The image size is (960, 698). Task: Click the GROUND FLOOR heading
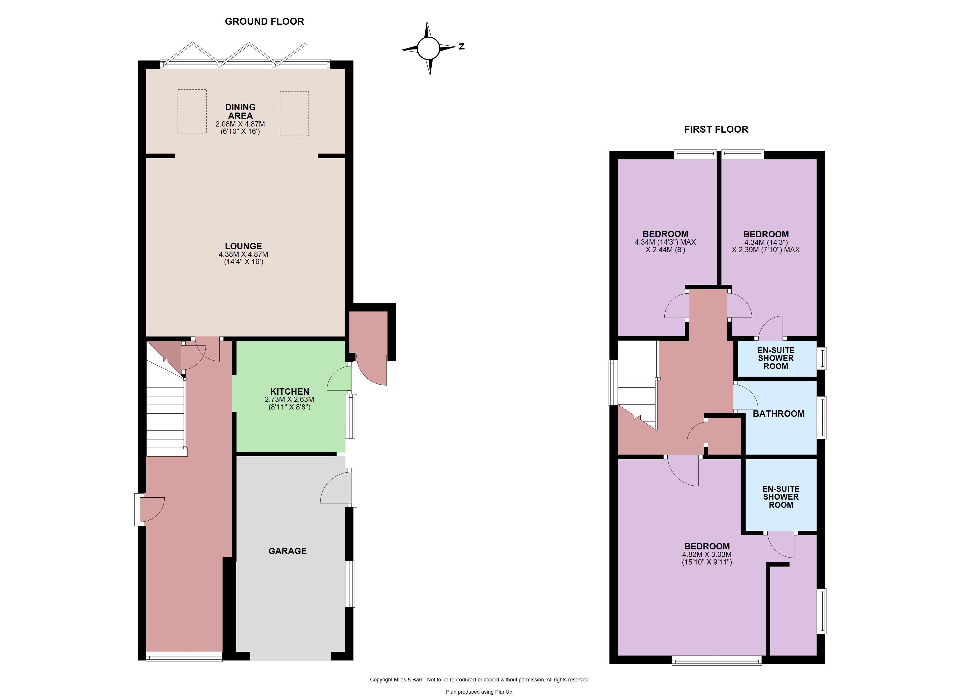tap(264, 22)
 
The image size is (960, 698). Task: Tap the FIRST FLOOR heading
tap(716, 129)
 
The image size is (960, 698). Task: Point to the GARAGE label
tap(287, 551)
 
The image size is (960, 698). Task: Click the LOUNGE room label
tap(243, 246)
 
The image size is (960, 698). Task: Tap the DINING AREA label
tap(240, 111)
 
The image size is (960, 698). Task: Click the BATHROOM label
tap(778, 414)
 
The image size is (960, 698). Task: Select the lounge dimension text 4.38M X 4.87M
tap(243, 254)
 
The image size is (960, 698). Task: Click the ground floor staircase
tap(167, 417)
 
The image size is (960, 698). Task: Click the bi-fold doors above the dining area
tap(246, 55)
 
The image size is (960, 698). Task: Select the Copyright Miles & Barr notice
tap(480, 680)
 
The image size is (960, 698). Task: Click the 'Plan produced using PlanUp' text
tap(480, 692)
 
